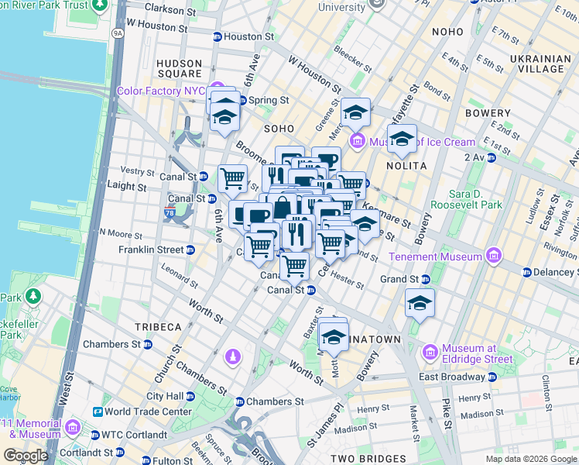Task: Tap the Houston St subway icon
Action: pos(218,36)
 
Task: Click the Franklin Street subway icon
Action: pos(190,250)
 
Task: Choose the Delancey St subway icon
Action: pos(527,272)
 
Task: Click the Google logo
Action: pos(26,456)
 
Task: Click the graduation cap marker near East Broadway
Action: pos(420,302)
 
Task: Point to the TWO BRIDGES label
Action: pos(364,459)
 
